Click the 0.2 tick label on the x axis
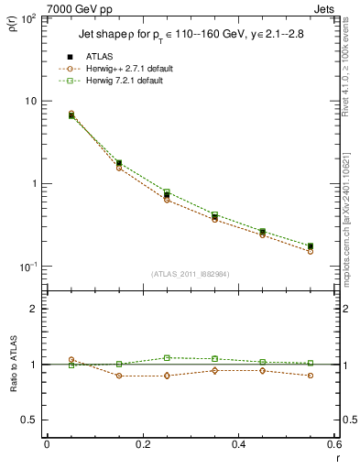coord(143,444)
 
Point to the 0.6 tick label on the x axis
coord(333,444)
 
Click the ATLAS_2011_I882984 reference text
coord(190,273)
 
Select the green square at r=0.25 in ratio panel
coord(167,357)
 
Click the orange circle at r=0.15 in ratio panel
coord(119,376)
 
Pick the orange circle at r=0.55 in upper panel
coord(311,250)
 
